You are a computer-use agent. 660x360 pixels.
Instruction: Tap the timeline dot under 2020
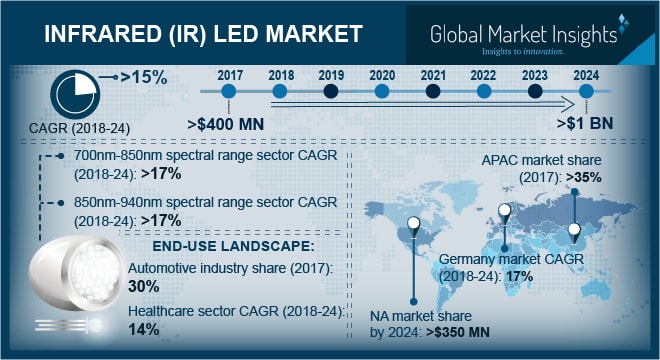381,91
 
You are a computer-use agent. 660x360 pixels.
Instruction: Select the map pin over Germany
505,213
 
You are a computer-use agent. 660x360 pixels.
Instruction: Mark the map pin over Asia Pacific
577,232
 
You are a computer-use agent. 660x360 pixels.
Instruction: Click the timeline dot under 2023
535,91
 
